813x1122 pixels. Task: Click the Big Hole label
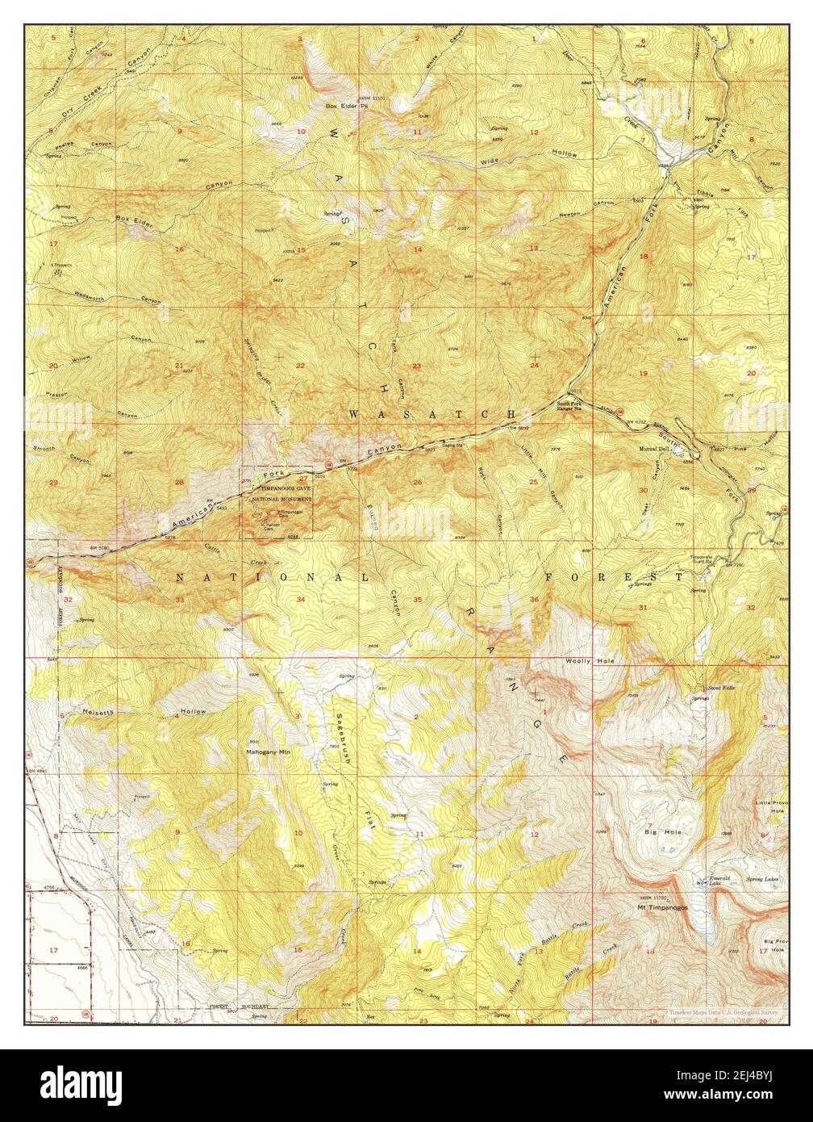point(659,831)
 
